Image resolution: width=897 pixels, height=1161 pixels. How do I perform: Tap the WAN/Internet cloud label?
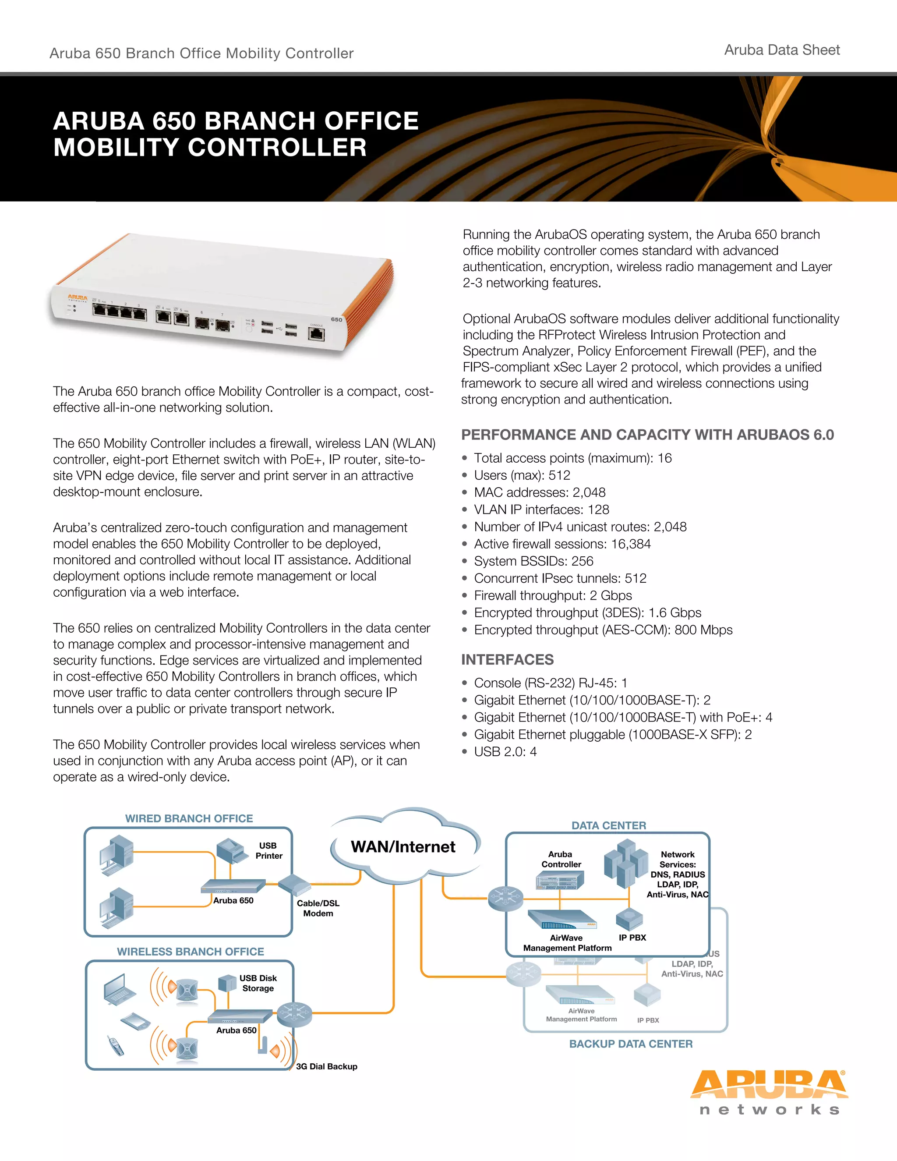tap(403, 847)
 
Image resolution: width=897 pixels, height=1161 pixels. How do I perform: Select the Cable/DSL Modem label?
tap(318, 908)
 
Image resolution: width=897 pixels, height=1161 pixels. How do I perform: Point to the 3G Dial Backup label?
tap(326, 1066)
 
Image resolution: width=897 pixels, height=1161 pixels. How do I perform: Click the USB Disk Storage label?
tap(258, 983)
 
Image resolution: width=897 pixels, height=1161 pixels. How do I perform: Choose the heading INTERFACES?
tap(507, 660)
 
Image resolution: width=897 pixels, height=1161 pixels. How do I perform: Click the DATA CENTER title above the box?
tap(608, 825)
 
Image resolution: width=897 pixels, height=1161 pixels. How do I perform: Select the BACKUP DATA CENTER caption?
tap(631, 1044)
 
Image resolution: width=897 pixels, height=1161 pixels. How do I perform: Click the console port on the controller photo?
tap(317, 334)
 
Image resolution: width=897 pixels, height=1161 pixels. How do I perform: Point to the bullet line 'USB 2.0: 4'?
tap(505, 752)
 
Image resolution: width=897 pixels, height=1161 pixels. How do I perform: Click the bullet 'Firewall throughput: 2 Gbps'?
tap(553, 595)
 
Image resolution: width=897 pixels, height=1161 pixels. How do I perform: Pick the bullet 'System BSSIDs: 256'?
tap(533, 561)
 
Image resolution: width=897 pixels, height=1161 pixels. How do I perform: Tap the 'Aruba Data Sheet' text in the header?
tap(782, 50)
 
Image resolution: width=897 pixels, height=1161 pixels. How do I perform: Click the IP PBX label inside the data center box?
tap(632, 938)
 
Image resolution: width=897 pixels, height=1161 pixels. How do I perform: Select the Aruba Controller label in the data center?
tap(561, 859)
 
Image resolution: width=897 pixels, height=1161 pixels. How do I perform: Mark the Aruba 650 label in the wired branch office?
tap(233, 900)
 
